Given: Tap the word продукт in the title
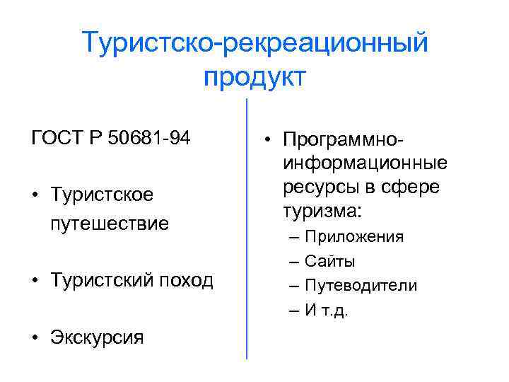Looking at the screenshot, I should click(x=255, y=75).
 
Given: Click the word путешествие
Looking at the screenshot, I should click(x=110, y=224).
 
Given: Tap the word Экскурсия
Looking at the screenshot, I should click(x=97, y=337).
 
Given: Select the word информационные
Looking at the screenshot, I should click(x=365, y=163).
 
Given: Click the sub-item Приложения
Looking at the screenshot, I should click(x=354, y=236).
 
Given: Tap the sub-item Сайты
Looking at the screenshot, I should click(x=329, y=261).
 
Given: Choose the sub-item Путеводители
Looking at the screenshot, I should click(x=361, y=285).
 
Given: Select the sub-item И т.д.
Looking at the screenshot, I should click(x=326, y=310).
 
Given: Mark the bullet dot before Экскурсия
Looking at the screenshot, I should click(x=35, y=337).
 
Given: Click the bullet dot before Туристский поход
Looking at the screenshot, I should click(x=35, y=281).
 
